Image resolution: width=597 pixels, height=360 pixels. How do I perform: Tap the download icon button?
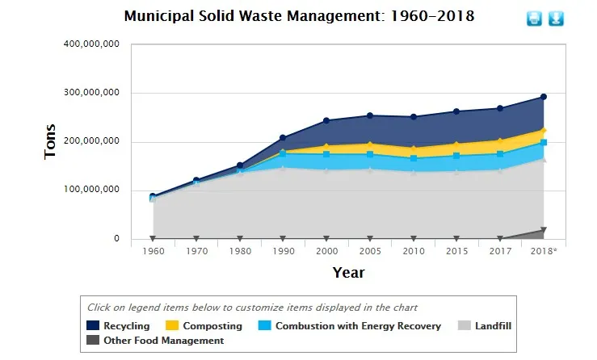556,18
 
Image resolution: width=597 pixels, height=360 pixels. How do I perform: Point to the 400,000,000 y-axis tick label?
91,44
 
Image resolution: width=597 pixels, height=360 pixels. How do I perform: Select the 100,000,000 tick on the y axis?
91,190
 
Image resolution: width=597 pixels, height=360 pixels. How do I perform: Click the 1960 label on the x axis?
153,251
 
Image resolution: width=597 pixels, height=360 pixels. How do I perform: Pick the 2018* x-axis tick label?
543,251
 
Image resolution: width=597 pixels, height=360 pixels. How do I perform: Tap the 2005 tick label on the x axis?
370,251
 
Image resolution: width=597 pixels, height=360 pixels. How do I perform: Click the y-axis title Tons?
50,141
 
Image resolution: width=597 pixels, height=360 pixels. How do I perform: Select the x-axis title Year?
348,273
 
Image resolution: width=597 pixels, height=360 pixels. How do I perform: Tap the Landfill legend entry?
490,326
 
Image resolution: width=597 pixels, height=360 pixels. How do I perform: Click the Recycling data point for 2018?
543,97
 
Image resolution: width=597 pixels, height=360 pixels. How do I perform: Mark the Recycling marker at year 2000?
326,120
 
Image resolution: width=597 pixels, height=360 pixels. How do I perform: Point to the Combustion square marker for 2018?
543,143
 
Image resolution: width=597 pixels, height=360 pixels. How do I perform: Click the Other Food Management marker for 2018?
543,230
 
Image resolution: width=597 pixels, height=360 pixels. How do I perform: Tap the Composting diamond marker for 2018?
543,131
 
